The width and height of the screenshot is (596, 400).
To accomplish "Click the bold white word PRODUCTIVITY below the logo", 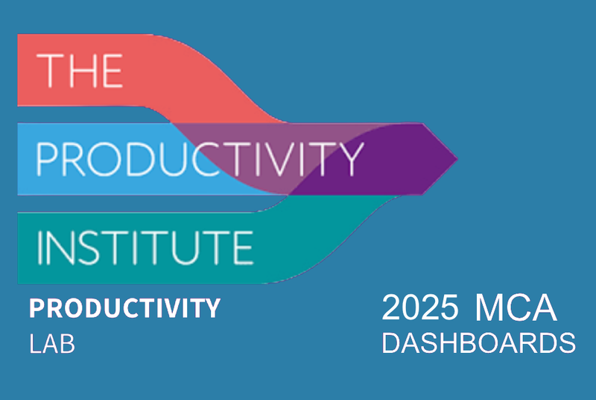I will [x=124, y=309].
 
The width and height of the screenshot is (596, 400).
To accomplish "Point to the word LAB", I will [x=52, y=345].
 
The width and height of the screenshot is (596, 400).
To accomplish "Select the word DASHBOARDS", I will [x=478, y=344].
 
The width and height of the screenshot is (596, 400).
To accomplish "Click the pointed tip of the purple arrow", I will [x=456, y=158].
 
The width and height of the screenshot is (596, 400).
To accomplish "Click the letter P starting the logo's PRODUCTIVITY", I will [x=46, y=157].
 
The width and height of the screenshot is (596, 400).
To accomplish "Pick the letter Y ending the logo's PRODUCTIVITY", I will [x=351, y=157].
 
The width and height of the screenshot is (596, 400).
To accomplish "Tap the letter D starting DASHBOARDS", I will [x=390, y=344].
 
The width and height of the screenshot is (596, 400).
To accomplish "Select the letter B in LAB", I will [x=68, y=345].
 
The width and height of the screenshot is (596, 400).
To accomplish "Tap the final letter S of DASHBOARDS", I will [x=568, y=344].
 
